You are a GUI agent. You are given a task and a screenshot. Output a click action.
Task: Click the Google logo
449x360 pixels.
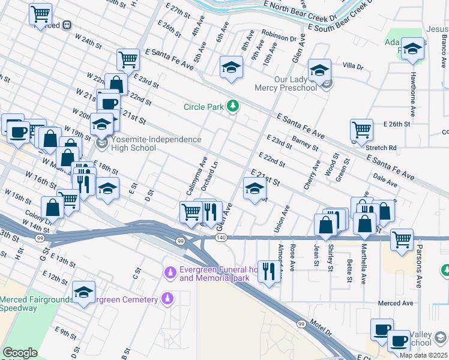pyautogui.click(x=20, y=353)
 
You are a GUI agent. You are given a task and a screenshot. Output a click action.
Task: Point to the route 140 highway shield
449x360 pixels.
pyautogui.click(x=221, y=238)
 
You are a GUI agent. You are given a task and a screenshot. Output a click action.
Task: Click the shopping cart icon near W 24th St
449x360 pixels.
pyautogui.click(x=40, y=13)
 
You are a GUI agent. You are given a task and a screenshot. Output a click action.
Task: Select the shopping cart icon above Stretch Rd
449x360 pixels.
pyautogui.click(x=361, y=128)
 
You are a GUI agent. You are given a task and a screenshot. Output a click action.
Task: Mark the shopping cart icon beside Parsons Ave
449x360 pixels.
pyautogui.click(x=402, y=239)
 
